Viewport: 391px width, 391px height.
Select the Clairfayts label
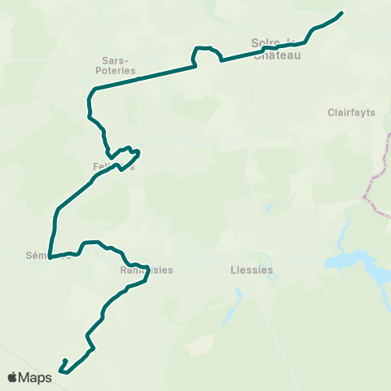pos(351,112)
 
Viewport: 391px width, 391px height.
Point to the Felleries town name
pos(112,166)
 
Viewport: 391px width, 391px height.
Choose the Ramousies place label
pos(147,270)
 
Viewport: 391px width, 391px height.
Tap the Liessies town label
pos(250,270)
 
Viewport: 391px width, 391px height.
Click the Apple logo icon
pos(13,377)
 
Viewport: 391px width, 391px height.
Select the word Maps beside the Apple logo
pos(36,378)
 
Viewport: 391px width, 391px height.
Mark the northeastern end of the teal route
pos(340,12)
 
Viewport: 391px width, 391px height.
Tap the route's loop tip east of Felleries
pos(139,152)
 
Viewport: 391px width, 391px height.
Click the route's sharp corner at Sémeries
pos(50,257)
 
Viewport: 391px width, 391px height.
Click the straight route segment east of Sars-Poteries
pos(147,77)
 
